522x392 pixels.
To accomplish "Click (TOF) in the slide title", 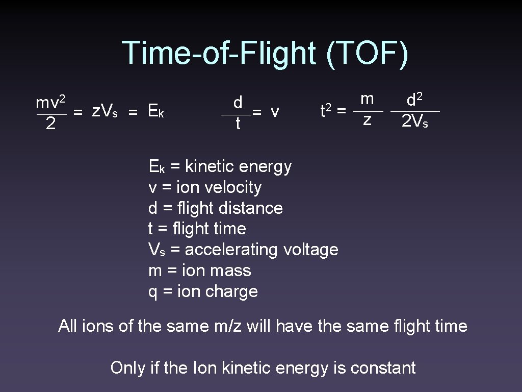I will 367,53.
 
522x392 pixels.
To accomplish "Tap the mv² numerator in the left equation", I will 49,103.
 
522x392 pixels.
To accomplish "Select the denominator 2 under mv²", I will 50,124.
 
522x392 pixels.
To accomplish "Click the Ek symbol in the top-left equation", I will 154,110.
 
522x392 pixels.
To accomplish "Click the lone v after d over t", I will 275,111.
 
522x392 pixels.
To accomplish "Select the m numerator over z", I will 367,99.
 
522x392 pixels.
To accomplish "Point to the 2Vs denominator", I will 414,121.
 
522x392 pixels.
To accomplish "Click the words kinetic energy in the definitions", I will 238,166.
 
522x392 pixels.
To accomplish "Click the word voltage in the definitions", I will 310,250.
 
